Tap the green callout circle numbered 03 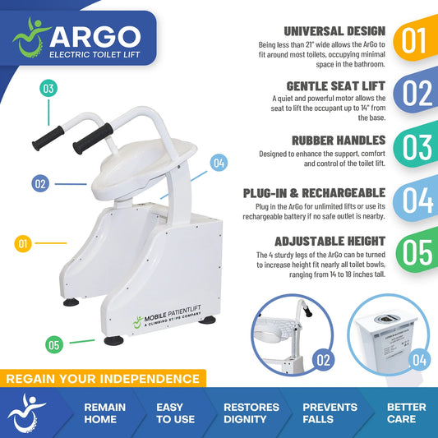coord(48,88)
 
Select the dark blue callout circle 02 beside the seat coord(40,183)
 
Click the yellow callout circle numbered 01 coord(25,242)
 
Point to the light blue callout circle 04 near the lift coord(218,162)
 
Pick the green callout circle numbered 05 coord(54,344)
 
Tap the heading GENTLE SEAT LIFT coord(335,86)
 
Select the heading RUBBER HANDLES coord(334,141)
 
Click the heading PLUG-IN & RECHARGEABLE coord(314,193)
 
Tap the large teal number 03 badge coord(414,146)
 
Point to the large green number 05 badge coord(414,252)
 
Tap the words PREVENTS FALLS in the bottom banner coord(330,413)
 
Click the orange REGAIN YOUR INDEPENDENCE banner coord(104,379)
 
